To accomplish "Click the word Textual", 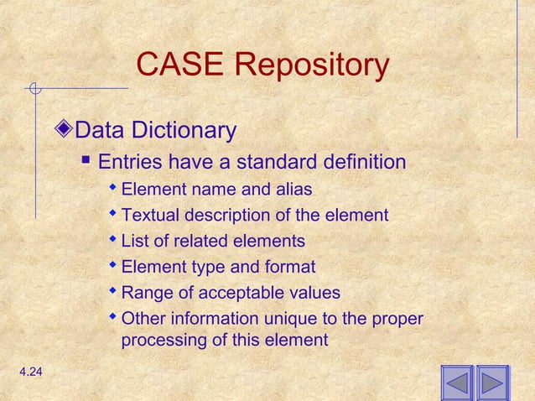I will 149,216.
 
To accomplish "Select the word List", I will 135,242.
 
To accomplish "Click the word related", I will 200,242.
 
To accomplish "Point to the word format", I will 289,268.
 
